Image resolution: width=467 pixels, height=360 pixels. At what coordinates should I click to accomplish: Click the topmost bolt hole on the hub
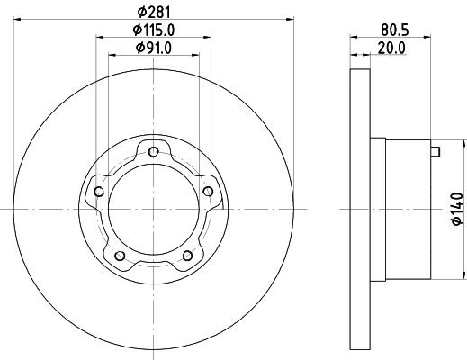[x=154, y=150]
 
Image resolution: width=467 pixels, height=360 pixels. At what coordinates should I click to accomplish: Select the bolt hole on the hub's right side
[x=209, y=191]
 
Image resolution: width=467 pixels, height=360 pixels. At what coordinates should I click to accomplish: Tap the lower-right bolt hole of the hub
[x=187, y=256]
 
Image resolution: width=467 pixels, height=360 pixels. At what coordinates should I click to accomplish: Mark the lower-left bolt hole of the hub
[x=119, y=256]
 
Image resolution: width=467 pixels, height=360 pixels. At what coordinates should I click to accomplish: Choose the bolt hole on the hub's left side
[x=98, y=191]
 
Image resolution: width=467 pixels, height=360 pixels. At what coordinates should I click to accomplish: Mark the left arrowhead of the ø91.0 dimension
[x=112, y=54]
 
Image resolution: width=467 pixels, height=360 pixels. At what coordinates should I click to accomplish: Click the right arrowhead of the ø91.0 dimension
[x=194, y=54]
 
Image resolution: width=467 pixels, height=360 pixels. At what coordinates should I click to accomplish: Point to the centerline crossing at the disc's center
[x=153, y=209]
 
